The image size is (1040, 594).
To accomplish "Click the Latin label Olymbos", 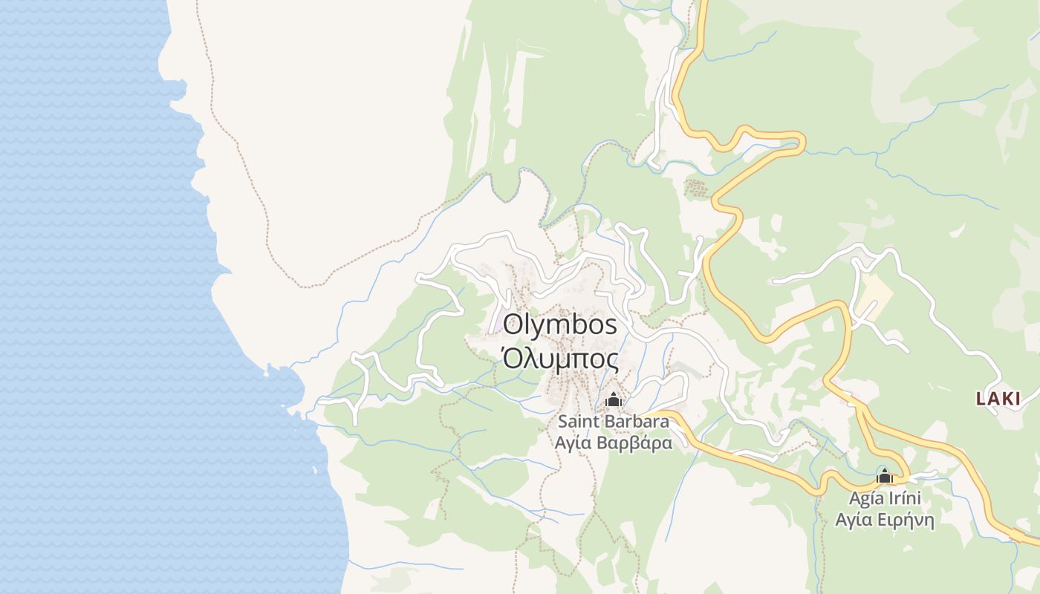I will (x=560, y=325).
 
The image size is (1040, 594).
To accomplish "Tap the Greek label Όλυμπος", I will (x=560, y=359).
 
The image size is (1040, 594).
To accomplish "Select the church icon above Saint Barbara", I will (x=613, y=400).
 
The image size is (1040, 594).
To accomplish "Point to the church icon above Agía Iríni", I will (x=884, y=476).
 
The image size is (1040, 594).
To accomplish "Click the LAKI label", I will (x=998, y=399).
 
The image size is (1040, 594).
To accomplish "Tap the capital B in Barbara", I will (x=608, y=422).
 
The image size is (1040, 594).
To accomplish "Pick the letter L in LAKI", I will (x=981, y=399).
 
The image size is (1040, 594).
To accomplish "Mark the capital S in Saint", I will (x=563, y=422).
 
